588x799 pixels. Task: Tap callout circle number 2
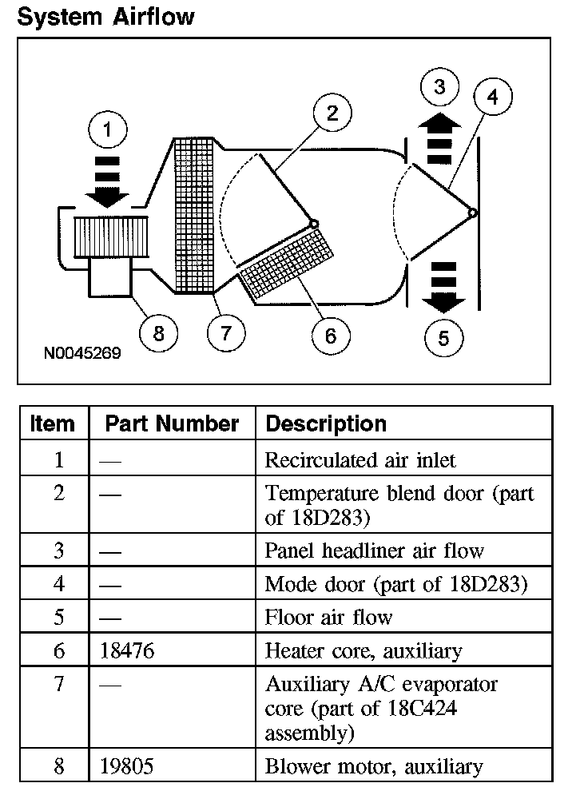tap(332, 113)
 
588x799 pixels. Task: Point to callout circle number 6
tap(330, 336)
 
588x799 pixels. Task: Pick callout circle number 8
tap(158, 332)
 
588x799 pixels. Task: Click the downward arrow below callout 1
tap(109, 183)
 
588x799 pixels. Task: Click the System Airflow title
tap(105, 17)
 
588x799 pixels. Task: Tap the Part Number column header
tap(172, 423)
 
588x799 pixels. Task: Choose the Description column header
tap(326, 423)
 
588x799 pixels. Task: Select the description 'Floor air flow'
tap(328, 618)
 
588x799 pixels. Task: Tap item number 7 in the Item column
tap(58, 685)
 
